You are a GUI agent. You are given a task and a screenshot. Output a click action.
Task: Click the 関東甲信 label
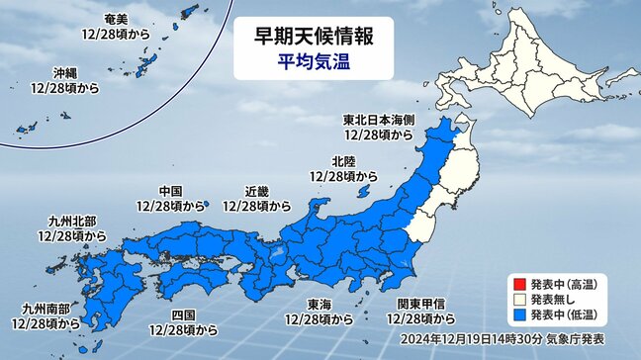[x=422, y=306]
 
